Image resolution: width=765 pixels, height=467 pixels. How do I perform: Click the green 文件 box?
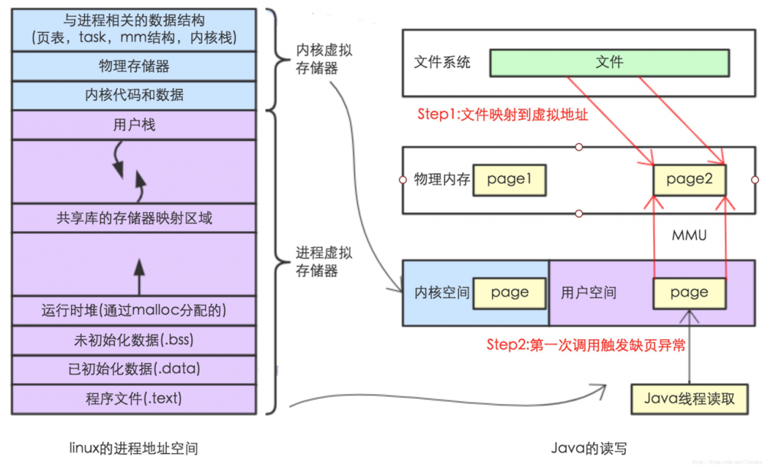coord(609,63)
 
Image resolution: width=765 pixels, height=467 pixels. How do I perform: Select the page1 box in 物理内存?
coord(508,180)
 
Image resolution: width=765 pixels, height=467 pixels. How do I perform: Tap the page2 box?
coord(688,180)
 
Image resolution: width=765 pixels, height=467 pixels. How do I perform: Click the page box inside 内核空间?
coord(509,292)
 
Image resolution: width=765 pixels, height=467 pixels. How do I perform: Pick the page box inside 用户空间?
coord(688,292)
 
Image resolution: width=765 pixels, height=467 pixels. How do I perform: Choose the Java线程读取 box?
coord(689,398)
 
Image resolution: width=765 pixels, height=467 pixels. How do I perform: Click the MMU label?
coord(688,235)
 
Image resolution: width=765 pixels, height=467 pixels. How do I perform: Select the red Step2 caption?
coord(586,345)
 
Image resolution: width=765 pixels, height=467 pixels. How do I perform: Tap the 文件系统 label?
coord(441,63)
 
